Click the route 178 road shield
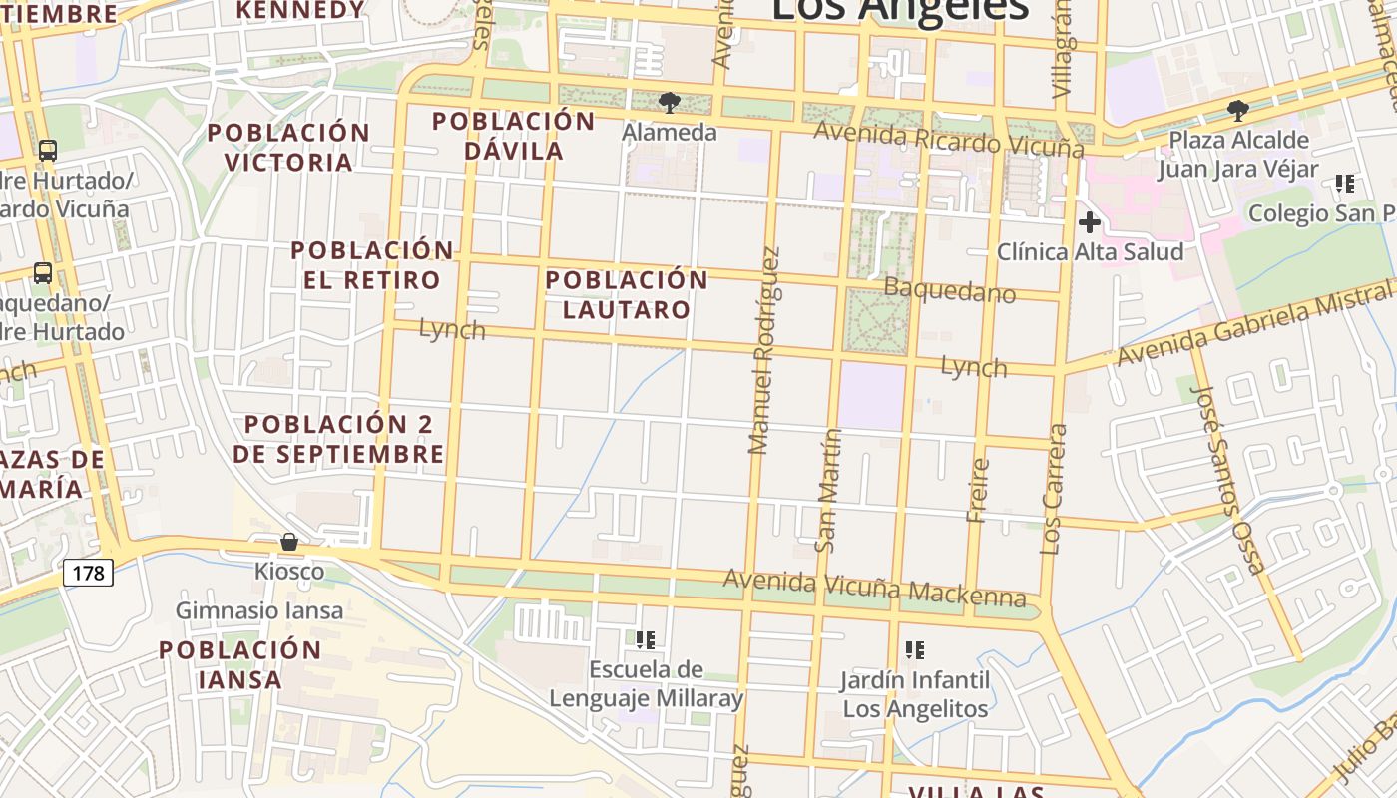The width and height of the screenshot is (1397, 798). [x=89, y=573]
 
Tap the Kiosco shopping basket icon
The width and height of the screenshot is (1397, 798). [x=289, y=543]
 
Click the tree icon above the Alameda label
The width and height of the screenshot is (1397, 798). [x=670, y=103]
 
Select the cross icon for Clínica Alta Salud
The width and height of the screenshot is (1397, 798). [x=1089, y=222]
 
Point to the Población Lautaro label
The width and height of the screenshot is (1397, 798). [x=627, y=294]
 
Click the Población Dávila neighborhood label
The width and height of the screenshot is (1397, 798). [x=513, y=136]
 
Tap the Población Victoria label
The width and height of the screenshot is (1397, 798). [x=288, y=147]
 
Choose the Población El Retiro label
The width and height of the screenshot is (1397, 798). [x=371, y=264]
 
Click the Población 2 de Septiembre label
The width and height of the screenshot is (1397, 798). [x=338, y=439]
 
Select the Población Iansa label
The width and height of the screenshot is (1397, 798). [x=240, y=664]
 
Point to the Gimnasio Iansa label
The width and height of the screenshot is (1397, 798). [x=259, y=610]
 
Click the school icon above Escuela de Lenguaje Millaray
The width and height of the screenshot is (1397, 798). [x=646, y=639]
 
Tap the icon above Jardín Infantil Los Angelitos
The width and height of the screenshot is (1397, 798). [x=914, y=651]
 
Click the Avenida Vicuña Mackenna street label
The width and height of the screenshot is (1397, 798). [x=874, y=589]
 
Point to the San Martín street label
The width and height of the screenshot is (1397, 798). [x=827, y=490]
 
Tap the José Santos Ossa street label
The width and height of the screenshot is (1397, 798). [x=1227, y=479]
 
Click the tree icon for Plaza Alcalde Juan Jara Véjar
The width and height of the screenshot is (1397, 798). [x=1238, y=111]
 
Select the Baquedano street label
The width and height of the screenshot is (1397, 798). [x=950, y=291]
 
